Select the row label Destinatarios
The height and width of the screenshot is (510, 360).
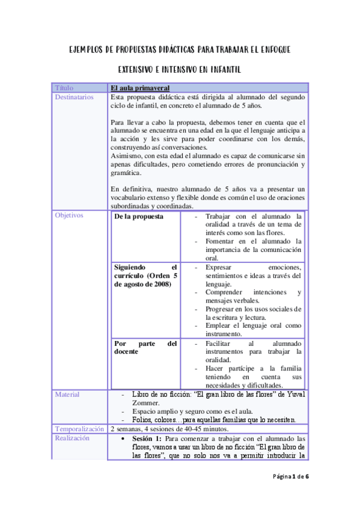74,97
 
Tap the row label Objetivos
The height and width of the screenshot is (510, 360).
69,215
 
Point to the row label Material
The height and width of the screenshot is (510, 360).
67,395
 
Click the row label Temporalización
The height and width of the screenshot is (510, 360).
79,429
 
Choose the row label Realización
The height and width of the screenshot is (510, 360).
72,438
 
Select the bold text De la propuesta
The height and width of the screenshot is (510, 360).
139,217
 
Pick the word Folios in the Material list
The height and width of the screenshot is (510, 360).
142,419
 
